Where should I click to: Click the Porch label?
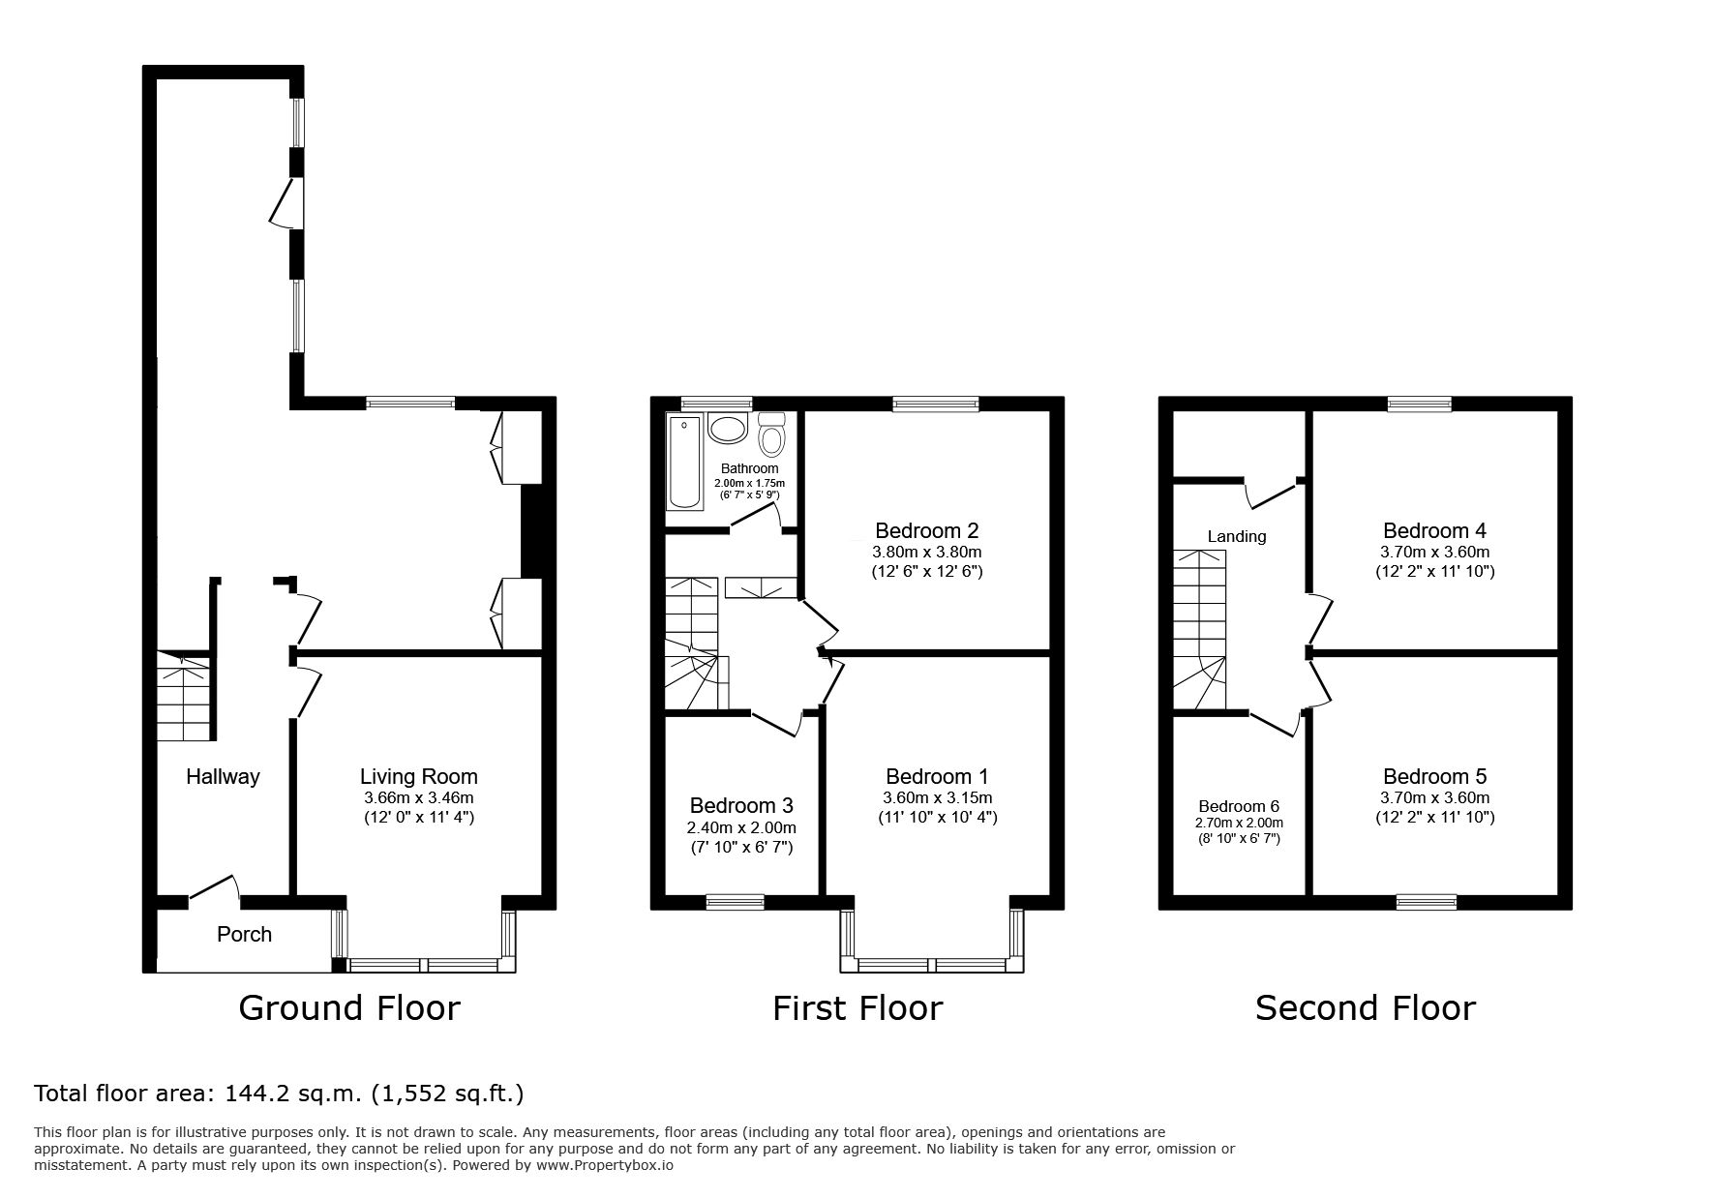click(244, 935)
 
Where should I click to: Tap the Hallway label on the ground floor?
click(223, 776)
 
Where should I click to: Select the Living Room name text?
click(419, 776)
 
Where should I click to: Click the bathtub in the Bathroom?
click(684, 463)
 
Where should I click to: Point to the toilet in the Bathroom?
click(771, 435)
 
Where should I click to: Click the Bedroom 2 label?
click(927, 530)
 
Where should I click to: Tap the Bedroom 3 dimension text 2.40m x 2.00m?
click(741, 827)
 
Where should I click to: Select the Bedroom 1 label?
click(937, 776)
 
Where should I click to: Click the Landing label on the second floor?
click(1237, 536)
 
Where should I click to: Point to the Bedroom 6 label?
click(1239, 806)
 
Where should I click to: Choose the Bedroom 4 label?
click(1434, 530)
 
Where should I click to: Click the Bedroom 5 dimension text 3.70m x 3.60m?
click(1434, 798)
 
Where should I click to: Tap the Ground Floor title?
click(349, 1008)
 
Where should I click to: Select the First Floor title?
click(857, 1008)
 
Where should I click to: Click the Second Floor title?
click(1366, 1008)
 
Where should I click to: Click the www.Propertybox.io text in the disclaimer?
click(605, 1165)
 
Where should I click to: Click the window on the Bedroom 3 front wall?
click(735, 902)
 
